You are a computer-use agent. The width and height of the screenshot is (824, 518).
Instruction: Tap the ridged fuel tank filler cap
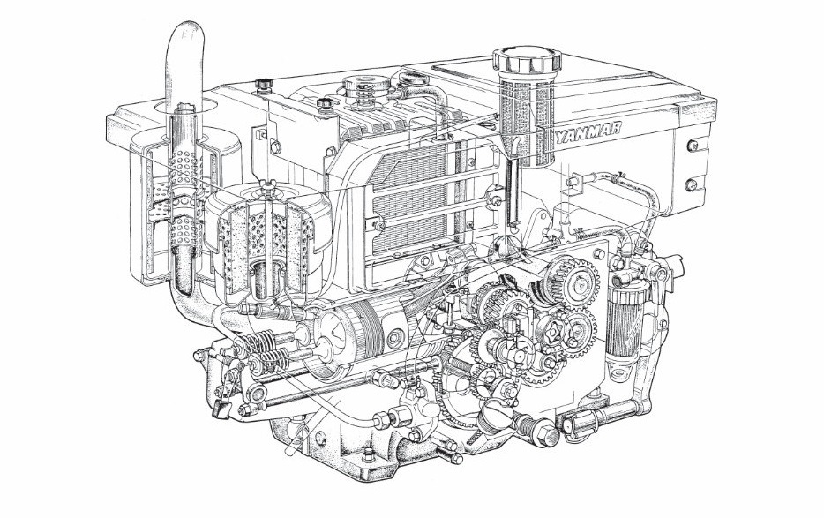[528, 63]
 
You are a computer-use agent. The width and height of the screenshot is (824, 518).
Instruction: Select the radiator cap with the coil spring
[361, 87]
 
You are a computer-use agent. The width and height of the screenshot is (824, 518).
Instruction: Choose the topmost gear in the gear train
[562, 277]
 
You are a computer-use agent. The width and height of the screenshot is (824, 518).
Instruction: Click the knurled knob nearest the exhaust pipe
[262, 86]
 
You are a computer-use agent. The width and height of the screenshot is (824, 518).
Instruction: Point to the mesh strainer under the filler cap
[527, 124]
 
